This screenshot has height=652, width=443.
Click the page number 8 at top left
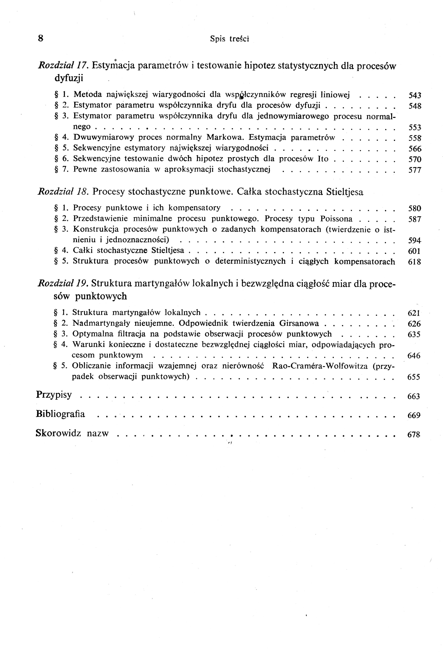click(x=41, y=38)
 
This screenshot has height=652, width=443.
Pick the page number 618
click(x=414, y=262)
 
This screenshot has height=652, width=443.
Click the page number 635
click(x=414, y=334)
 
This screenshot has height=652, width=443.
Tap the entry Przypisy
click(x=54, y=395)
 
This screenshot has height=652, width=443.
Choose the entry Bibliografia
click(x=61, y=414)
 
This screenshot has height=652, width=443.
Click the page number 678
click(x=414, y=435)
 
